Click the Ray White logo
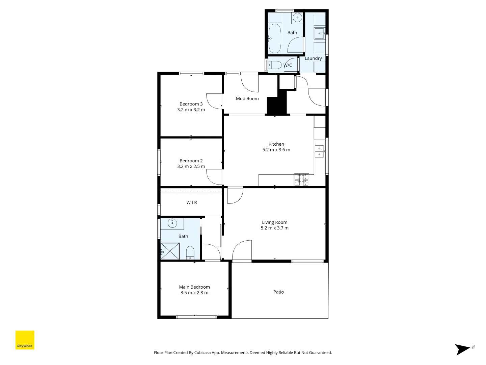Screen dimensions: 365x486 point(25,340)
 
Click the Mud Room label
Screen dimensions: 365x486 point(247,99)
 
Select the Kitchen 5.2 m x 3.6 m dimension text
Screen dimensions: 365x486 point(276,150)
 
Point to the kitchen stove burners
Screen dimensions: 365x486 point(301,180)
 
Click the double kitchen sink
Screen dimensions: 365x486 point(319,151)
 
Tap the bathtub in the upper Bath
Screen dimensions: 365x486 point(275,39)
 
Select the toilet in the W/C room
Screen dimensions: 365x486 point(275,65)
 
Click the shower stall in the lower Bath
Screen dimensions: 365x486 point(170,251)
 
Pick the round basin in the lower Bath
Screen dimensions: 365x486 point(172,223)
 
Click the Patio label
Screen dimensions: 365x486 point(278,292)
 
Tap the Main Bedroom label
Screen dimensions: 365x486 point(194,287)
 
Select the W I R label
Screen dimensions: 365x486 point(192,202)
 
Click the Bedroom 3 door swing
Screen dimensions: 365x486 point(215,101)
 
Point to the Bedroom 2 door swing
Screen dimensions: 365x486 point(215,176)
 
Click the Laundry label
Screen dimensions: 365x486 point(313,58)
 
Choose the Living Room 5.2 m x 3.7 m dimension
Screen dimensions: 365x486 point(274,228)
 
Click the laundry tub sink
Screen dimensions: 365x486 point(319,33)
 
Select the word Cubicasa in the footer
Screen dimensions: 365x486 point(202,352)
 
